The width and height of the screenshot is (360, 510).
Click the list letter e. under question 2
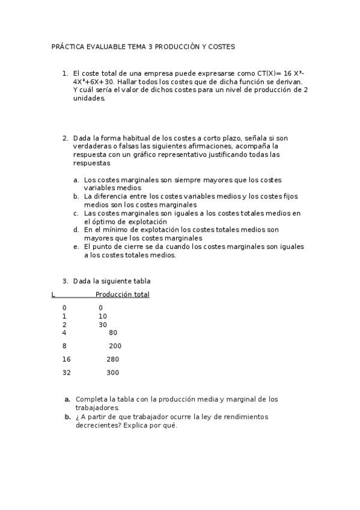pyautogui.click(x=76, y=247)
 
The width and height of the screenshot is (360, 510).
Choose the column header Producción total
pyautogui.click(x=122, y=295)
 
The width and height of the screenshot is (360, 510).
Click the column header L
pyautogui.click(x=53, y=295)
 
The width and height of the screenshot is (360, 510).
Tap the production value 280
pyautogui.click(x=113, y=360)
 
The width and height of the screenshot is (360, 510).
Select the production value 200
pyautogui.click(x=115, y=346)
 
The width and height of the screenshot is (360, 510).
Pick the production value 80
pyautogui.click(x=113, y=333)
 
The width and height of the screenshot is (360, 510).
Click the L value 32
pyautogui.click(x=66, y=373)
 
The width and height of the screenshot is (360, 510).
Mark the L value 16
pyautogui.click(x=66, y=360)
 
